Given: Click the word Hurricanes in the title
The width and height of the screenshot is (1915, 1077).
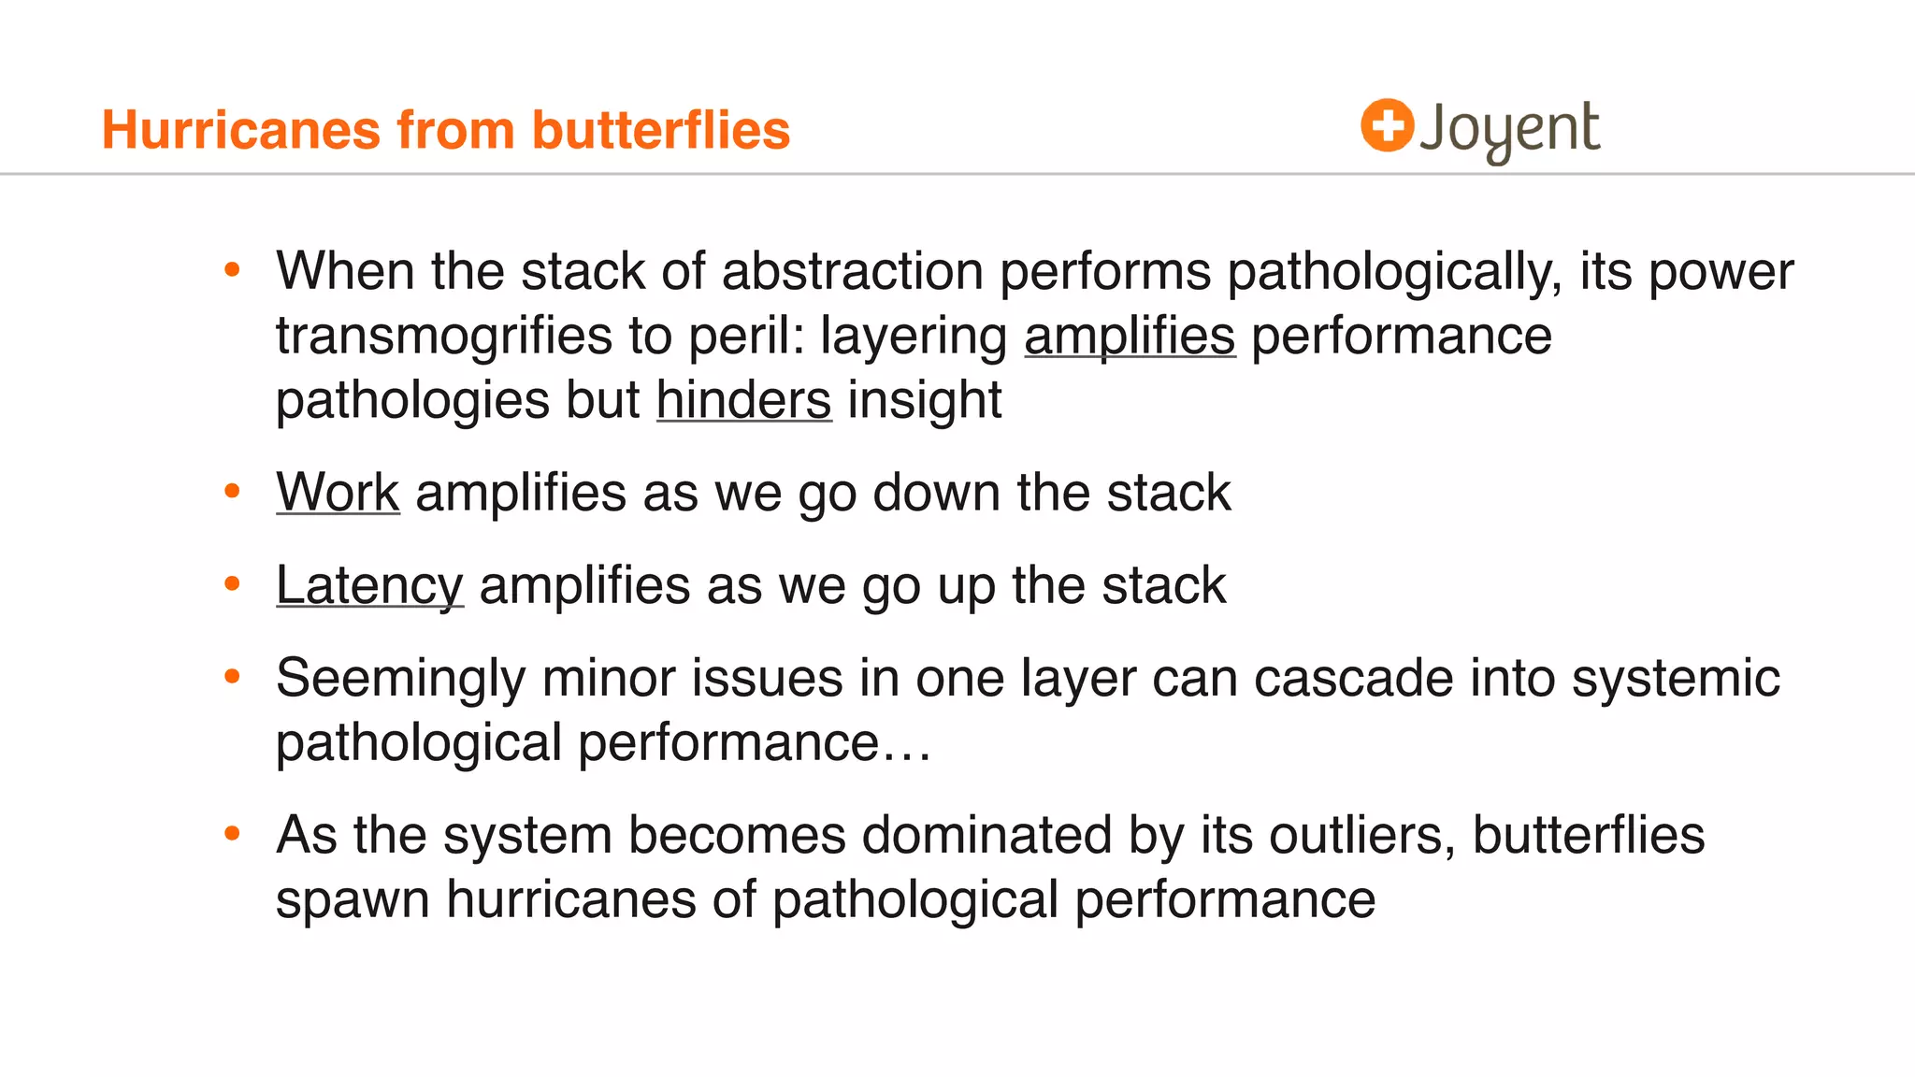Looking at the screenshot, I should (241, 129).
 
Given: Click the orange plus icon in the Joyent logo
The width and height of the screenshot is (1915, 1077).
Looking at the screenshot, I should (1387, 125).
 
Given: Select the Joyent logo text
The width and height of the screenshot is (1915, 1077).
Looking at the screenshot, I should (1509, 129).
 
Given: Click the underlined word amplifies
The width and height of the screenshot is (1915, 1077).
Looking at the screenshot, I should (1130, 336).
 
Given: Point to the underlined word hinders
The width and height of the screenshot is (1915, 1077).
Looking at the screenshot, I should (743, 400).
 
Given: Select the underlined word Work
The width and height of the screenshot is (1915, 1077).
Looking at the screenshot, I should (338, 492).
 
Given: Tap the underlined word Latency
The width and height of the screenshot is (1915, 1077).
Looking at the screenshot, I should (369, 586).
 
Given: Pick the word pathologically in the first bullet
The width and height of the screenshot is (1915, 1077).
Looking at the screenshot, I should (1393, 272).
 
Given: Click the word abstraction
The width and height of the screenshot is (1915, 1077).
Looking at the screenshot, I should (852, 271).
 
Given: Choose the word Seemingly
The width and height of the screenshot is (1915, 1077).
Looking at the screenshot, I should (400, 679).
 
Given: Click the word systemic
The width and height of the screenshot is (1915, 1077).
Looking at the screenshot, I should (1675, 679).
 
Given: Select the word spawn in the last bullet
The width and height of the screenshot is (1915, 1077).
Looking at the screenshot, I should (353, 900).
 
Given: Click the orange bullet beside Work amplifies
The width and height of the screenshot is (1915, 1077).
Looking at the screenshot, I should (233, 491).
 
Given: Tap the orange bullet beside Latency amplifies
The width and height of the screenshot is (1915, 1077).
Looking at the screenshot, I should (233, 584).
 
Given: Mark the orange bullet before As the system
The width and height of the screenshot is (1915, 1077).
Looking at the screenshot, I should (233, 832).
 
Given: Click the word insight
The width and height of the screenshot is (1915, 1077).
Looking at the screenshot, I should (924, 400).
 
